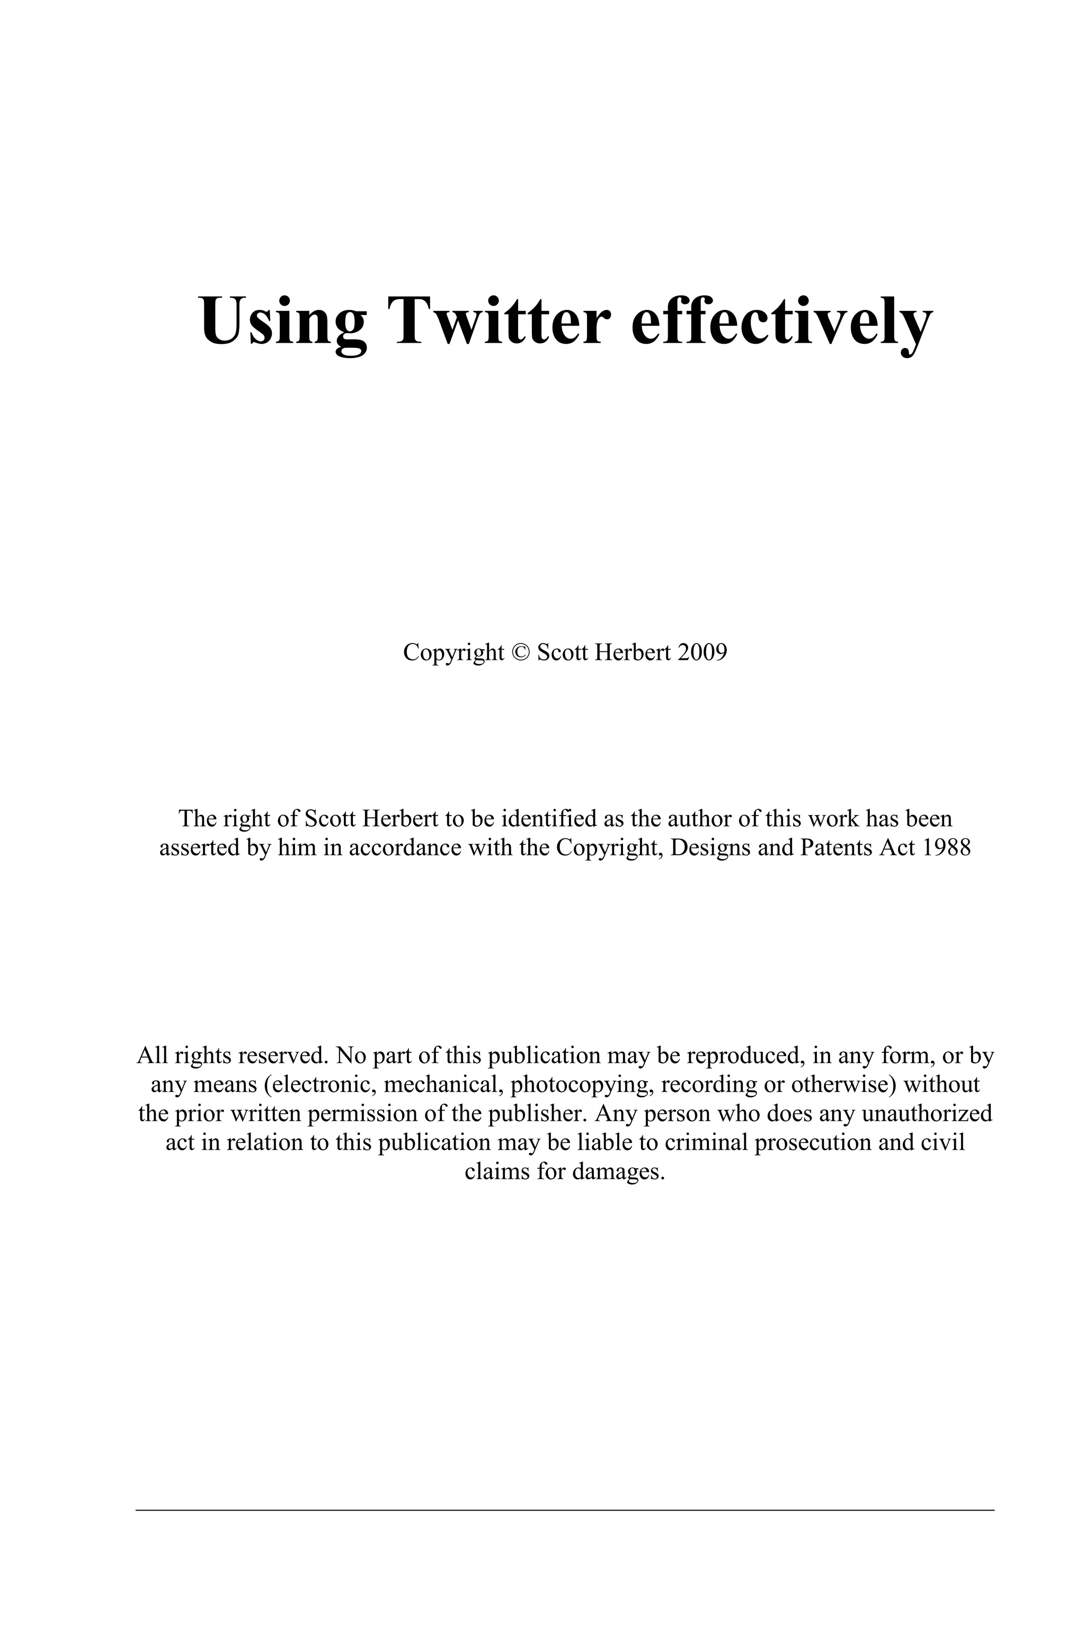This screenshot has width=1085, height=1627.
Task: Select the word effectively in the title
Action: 782,321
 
